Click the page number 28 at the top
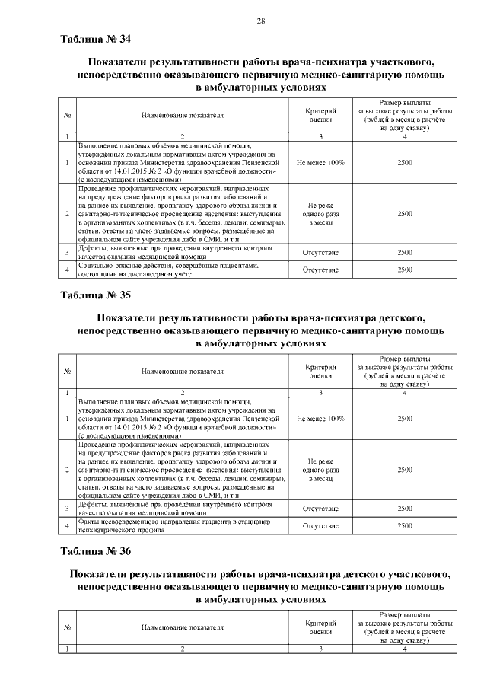click(260, 21)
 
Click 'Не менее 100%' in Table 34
click(320, 163)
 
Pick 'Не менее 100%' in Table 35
click(320, 419)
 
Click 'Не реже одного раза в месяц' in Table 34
click(320, 214)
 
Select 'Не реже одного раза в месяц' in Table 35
click(320, 470)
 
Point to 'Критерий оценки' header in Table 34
click(320, 116)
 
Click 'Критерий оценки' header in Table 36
click(320, 627)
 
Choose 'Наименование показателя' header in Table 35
click(183, 372)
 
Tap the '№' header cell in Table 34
click(68, 116)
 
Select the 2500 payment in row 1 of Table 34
click(405, 163)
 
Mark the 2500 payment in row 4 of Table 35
click(405, 525)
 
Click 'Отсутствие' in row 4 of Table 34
click(320, 270)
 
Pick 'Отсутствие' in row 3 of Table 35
click(320, 508)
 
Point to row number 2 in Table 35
click(68, 470)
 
